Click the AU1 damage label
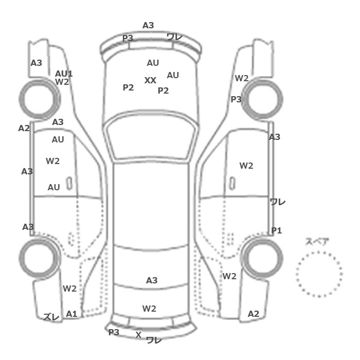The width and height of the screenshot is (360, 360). [64, 74]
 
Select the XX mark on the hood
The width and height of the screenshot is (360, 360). [150, 81]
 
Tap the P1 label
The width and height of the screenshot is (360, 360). [277, 230]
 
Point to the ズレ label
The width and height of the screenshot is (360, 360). [51, 316]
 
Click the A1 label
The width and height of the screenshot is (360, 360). [71, 314]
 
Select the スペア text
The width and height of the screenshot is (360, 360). [317, 242]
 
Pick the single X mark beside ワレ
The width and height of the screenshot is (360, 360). [138, 335]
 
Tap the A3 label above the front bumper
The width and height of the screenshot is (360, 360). [148, 25]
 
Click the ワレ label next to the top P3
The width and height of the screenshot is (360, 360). [175, 37]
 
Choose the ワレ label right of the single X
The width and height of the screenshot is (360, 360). [154, 339]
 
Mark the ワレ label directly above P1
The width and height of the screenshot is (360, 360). [278, 202]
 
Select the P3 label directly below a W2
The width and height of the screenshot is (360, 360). [236, 99]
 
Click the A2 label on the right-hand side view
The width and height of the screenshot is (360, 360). [254, 314]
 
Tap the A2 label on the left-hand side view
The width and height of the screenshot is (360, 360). [24, 128]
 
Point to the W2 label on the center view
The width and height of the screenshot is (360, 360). [149, 309]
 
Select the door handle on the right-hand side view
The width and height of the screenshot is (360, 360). [232, 182]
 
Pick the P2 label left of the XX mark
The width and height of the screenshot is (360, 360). [128, 87]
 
